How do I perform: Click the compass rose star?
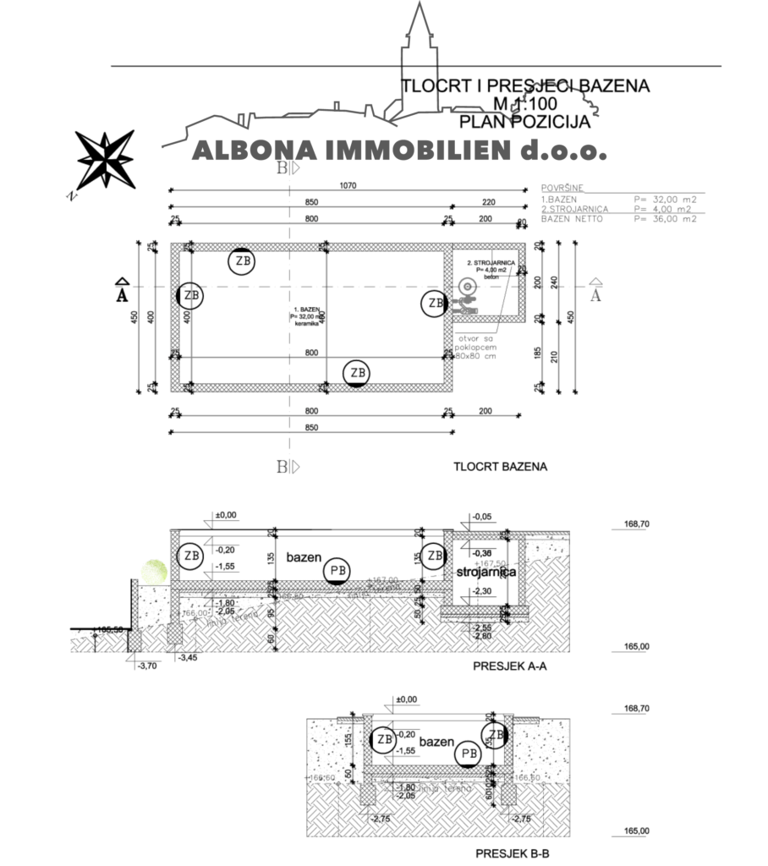[x=105, y=158]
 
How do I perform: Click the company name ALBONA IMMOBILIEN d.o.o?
[x=399, y=151]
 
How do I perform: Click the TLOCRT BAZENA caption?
[x=500, y=466]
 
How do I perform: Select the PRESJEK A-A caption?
[x=510, y=666]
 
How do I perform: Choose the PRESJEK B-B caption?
[x=510, y=853]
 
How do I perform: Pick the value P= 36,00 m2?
[x=665, y=218]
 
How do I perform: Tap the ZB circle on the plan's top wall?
[x=243, y=261]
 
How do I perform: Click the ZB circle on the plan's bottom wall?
[x=358, y=372]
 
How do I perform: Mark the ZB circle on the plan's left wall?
[x=191, y=296]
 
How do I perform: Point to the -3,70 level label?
[x=148, y=666]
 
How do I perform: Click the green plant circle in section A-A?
[x=156, y=569]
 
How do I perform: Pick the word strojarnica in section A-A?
[x=485, y=573]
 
